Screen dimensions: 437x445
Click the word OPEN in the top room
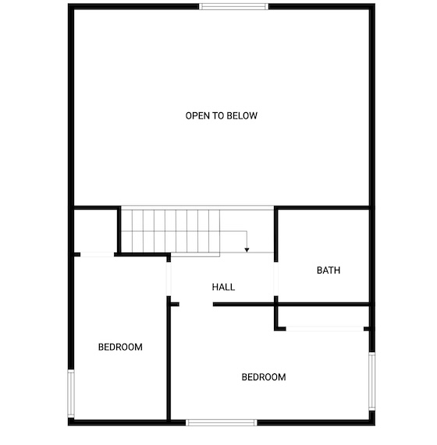click(197, 116)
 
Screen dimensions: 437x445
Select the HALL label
click(223, 288)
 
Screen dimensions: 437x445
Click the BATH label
click(329, 270)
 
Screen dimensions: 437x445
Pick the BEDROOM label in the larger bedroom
click(264, 377)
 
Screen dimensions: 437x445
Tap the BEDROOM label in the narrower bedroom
click(120, 347)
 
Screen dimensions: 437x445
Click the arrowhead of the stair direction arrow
click(247, 250)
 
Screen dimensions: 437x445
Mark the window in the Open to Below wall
click(233, 6)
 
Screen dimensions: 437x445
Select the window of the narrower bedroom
click(71, 394)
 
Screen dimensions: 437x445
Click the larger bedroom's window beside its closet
click(372, 381)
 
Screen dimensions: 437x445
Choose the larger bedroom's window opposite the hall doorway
click(222, 422)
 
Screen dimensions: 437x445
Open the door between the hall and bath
click(275, 279)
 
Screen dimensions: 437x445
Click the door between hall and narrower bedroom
click(169, 279)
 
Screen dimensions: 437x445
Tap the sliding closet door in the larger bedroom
click(325, 329)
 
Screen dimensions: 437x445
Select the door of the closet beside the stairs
click(98, 255)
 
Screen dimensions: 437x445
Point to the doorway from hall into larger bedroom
click(196, 305)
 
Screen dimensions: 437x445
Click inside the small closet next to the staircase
click(96, 231)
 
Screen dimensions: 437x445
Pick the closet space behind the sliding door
click(323, 316)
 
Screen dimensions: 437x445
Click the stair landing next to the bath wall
click(247, 231)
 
